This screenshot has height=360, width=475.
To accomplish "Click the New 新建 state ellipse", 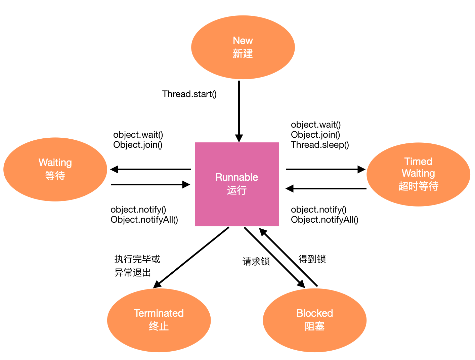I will (x=243, y=47).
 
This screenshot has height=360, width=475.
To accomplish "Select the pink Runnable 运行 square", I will (x=237, y=184).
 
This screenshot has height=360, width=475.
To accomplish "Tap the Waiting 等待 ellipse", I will (x=55, y=169).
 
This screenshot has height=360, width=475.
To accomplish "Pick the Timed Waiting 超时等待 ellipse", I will (x=418, y=174).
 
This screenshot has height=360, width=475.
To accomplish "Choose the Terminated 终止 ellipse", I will (x=159, y=320).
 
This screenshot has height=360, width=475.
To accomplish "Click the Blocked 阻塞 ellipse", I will (x=314, y=320).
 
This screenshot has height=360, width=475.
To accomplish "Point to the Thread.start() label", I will (x=189, y=94).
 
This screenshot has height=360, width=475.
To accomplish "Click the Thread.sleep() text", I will (x=320, y=145).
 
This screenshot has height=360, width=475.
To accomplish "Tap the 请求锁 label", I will (x=256, y=261).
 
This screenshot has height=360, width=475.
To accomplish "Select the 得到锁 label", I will (x=312, y=259).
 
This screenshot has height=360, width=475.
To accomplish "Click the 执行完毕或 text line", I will (x=137, y=259).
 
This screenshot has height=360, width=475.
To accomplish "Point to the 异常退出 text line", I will (x=133, y=272).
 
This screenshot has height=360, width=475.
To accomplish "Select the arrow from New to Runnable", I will (x=239, y=111).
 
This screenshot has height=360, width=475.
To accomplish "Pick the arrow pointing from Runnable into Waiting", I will (x=150, y=170).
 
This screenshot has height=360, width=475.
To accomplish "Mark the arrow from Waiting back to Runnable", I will (x=150, y=184).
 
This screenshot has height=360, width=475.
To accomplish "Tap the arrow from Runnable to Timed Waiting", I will (x=326, y=170).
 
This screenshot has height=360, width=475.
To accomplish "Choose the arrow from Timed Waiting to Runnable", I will (x=326, y=188).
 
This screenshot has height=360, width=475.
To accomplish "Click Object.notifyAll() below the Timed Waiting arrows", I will (x=325, y=220).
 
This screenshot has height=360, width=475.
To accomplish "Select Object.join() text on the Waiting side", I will (x=138, y=145).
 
